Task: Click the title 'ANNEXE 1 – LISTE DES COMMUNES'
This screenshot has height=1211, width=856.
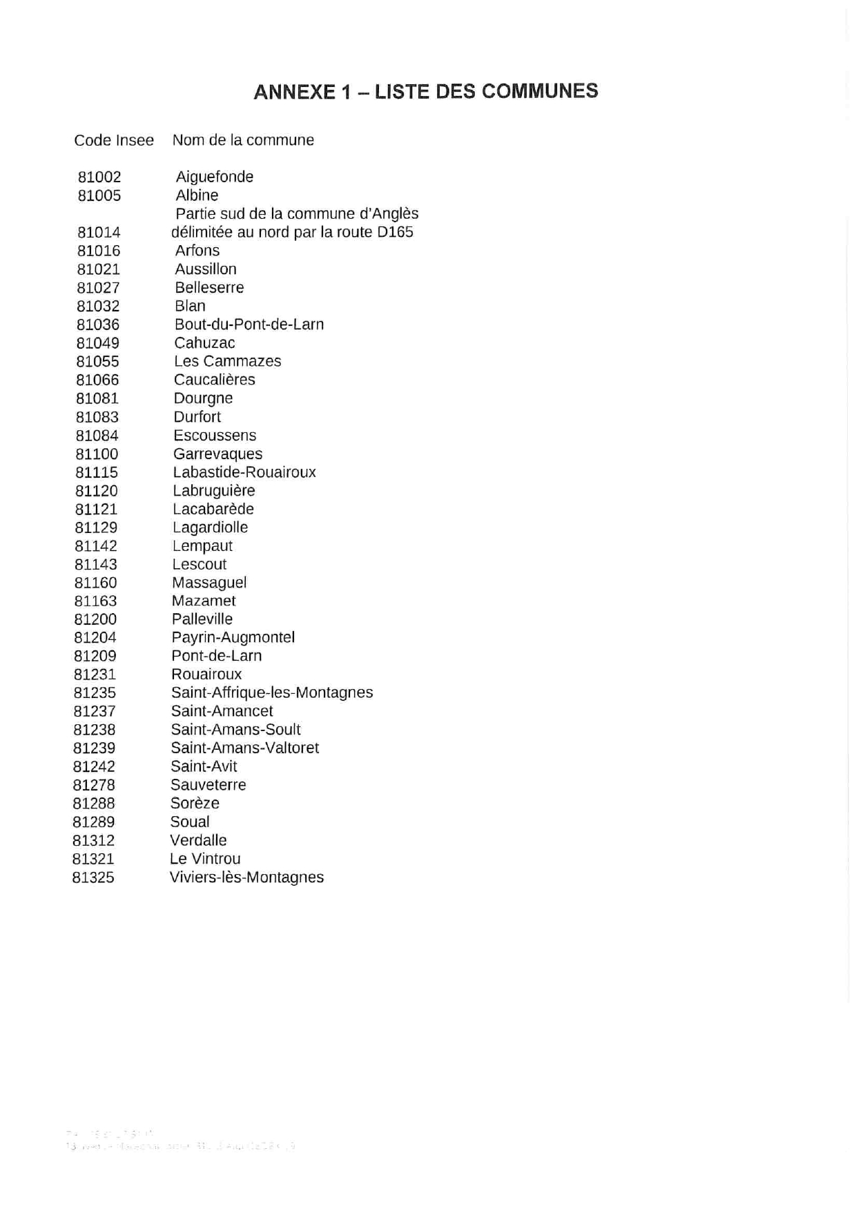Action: pos(425,91)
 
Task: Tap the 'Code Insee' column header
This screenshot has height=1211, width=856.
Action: pos(114,140)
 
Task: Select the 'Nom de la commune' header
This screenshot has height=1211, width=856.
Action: pos(243,140)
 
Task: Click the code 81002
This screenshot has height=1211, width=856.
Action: pos(99,177)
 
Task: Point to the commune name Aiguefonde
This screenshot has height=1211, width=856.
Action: pos(215,177)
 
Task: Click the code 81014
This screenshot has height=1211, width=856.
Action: pos(99,233)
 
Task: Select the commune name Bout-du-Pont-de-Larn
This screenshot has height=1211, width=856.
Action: pos(249,324)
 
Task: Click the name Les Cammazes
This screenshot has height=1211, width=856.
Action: pos(228,361)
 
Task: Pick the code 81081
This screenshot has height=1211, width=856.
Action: pos(97,398)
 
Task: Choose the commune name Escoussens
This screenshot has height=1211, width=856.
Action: pos(215,436)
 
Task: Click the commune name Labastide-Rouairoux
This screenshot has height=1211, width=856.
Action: pos(244,472)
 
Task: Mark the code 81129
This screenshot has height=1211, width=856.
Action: pos(96,527)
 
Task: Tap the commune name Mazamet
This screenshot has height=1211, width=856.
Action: pos(204,601)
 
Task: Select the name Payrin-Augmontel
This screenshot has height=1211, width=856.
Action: pos(233,637)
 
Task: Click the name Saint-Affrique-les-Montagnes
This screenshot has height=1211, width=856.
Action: pos(272,692)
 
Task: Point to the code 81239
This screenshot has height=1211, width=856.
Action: pos(95,748)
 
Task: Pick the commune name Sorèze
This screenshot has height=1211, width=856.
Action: pos(195,804)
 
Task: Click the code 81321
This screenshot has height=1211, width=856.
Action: pos(93,859)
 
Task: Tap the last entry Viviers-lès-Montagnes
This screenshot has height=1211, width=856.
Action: pos(246,878)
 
